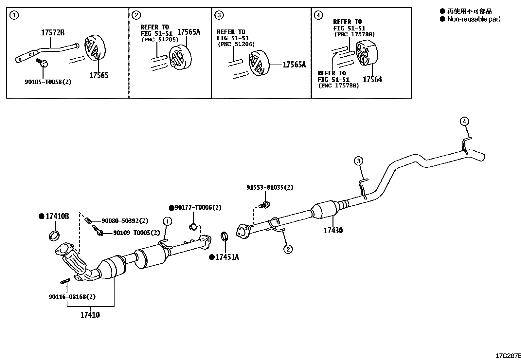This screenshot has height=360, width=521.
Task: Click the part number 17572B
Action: click(x=53, y=33)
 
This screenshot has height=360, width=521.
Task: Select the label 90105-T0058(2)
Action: click(x=48, y=82)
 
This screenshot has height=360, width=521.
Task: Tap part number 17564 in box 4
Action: click(x=372, y=80)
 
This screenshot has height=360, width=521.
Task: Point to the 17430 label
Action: click(x=333, y=231)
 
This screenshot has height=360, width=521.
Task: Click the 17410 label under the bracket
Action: click(x=90, y=315)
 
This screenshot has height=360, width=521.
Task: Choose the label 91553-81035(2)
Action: click(x=270, y=187)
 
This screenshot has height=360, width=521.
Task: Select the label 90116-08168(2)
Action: click(x=72, y=297)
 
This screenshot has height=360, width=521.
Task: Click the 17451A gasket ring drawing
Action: click(x=224, y=237)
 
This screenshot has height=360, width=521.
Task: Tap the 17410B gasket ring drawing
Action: click(x=54, y=236)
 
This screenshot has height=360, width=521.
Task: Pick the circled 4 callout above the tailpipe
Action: click(x=464, y=121)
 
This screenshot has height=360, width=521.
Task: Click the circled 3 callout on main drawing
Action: click(x=358, y=161)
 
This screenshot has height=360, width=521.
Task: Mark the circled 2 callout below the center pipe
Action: click(x=288, y=249)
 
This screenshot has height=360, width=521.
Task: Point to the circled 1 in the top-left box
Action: click(x=14, y=15)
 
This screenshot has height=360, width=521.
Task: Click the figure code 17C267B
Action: click(x=508, y=356)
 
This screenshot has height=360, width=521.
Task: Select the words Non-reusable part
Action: click(x=474, y=19)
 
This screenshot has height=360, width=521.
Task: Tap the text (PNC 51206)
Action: click(x=236, y=44)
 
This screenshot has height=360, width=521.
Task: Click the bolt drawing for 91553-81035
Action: click(x=264, y=205)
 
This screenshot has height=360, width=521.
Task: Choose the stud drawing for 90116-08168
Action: click(x=65, y=281)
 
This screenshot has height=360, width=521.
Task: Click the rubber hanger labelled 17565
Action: click(x=95, y=48)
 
